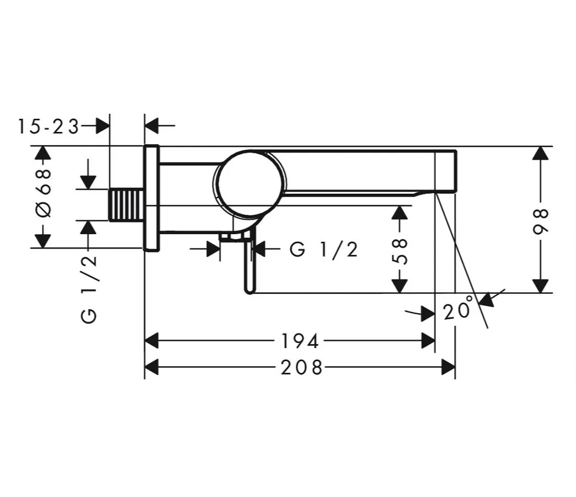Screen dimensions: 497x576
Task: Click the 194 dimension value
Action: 300,341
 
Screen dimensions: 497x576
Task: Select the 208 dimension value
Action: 301,367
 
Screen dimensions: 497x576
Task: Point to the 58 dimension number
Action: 402,251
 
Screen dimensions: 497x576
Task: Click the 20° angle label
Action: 458,310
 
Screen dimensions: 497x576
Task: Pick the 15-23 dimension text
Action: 48,126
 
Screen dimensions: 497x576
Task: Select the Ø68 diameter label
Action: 44,193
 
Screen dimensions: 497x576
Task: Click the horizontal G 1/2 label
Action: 324,250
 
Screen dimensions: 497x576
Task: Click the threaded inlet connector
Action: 126,205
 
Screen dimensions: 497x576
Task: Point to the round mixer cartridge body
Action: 250,183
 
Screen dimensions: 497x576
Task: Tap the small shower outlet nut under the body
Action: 232,237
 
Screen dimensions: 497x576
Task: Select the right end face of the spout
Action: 455,171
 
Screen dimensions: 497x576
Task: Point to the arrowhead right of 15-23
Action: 103,126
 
